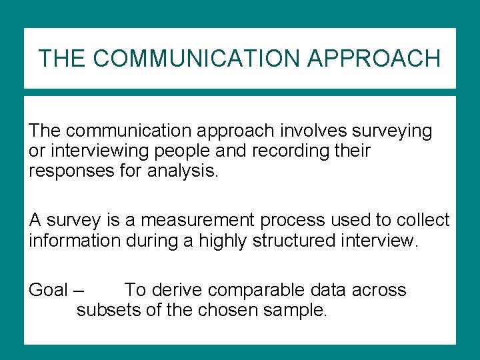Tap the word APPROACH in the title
click(x=374, y=59)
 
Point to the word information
click(x=75, y=240)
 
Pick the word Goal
click(x=48, y=290)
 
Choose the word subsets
click(x=109, y=310)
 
